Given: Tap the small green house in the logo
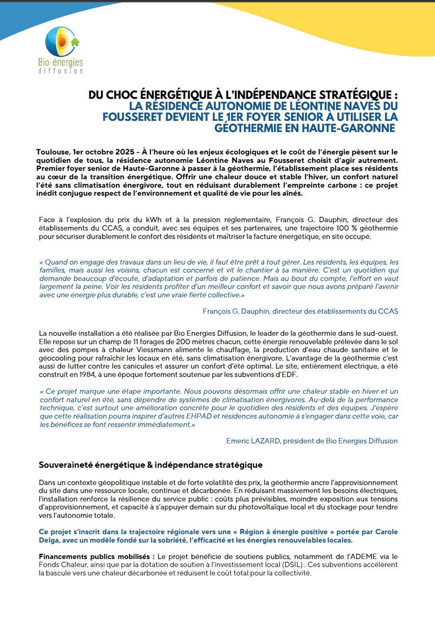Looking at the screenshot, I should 75,42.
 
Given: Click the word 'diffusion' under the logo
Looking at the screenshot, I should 60,71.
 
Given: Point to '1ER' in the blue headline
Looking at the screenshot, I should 234,117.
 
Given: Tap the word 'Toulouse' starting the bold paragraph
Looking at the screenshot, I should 52,152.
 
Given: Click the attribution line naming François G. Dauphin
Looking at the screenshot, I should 300,311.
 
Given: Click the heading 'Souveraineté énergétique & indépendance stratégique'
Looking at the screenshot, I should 151,465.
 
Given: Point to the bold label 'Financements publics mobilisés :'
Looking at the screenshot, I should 94,557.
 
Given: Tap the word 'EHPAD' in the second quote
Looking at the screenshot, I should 199,416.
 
